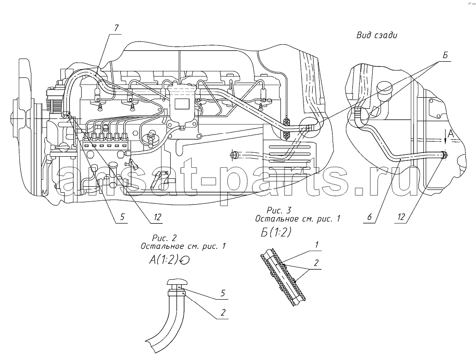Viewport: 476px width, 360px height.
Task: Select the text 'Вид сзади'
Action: [x=377, y=35]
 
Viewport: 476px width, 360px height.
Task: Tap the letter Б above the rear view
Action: [x=445, y=55]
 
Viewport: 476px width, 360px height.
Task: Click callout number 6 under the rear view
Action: [x=369, y=217]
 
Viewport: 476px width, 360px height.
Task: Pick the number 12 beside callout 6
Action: [x=401, y=217]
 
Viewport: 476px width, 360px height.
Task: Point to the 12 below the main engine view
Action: [x=157, y=217]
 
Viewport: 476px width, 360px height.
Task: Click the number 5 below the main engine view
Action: [x=122, y=217]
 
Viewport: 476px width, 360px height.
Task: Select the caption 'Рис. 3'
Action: [x=279, y=210]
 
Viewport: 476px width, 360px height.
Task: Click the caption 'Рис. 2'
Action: [x=164, y=238]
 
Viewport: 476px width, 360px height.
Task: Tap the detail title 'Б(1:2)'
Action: [x=276, y=232]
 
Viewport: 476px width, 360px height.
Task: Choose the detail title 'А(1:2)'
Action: [x=163, y=260]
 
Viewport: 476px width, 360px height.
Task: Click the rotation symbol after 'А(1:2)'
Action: [x=184, y=260]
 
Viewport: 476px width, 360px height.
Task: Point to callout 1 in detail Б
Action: [x=316, y=244]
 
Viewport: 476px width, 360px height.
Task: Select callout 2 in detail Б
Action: [x=316, y=263]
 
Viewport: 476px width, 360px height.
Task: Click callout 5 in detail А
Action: [x=223, y=293]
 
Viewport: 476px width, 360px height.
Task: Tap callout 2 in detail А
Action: [x=223, y=313]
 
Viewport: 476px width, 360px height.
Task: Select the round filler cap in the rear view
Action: [x=384, y=89]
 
